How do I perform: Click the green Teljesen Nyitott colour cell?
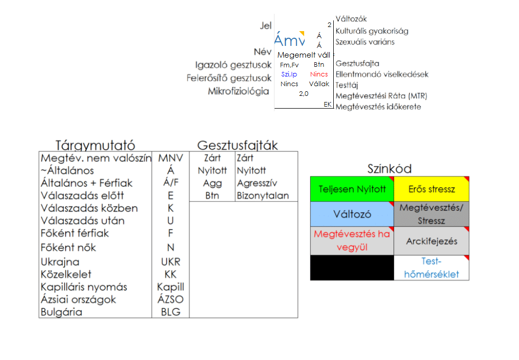[352, 189]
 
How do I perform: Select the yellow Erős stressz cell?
[431, 189]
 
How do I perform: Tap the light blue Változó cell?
[352, 214]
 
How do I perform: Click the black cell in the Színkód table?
[352, 268]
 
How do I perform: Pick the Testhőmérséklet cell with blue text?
[431, 268]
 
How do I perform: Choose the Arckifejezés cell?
[431, 241]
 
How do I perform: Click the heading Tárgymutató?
[95, 145]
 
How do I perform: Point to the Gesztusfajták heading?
[238, 145]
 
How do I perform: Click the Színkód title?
[389, 169]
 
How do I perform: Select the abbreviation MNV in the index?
[170, 158]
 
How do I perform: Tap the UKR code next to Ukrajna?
[170, 262]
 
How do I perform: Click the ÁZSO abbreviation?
[170, 300]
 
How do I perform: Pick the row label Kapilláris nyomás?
[84, 287]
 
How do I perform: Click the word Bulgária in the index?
[61, 312]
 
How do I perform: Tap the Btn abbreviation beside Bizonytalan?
[212, 196]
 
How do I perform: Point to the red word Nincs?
[319, 74]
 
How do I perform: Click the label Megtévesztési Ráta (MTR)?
[381, 96]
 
